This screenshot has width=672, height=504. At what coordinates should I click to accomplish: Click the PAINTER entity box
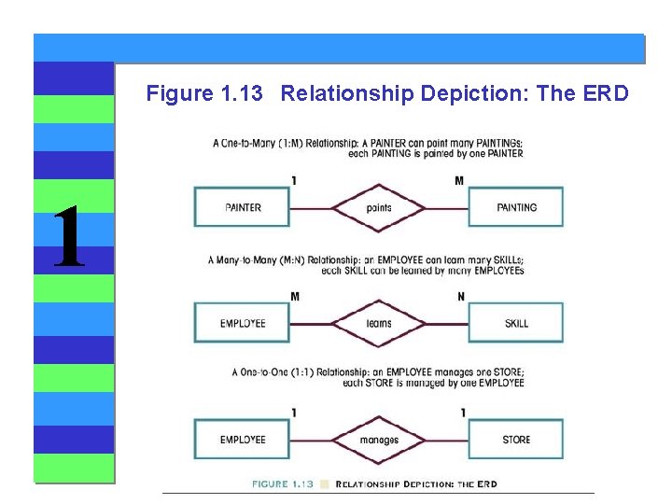pyautogui.click(x=243, y=207)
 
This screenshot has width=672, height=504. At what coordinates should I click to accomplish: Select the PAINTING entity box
pyautogui.click(x=516, y=207)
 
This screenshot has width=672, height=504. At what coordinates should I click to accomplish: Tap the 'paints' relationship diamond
pyautogui.click(x=379, y=207)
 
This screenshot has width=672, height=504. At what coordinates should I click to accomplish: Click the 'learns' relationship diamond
pyautogui.click(x=379, y=324)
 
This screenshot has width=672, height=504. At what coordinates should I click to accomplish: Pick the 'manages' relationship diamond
pyautogui.click(x=379, y=440)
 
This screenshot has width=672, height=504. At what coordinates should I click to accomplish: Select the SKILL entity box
pyautogui.click(x=516, y=324)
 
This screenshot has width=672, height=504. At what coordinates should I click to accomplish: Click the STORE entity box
pyautogui.click(x=516, y=440)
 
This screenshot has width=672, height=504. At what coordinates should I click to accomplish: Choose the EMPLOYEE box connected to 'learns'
pyautogui.click(x=243, y=324)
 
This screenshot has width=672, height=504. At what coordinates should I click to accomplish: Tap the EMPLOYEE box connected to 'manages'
pyautogui.click(x=243, y=440)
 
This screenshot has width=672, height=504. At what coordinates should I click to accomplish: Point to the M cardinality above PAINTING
pyautogui.click(x=459, y=180)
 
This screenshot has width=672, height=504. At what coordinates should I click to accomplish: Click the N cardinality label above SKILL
pyautogui.click(x=461, y=297)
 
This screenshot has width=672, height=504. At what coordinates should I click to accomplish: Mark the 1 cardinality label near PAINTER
pyautogui.click(x=295, y=180)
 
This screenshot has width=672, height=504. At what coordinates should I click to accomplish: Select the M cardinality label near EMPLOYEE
pyautogui.click(x=295, y=297)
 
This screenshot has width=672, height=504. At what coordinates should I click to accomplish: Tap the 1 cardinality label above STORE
pyautogui.click(x=463, y=413)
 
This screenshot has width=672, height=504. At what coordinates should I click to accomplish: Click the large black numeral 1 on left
pyautogui.click(x=68, y=238)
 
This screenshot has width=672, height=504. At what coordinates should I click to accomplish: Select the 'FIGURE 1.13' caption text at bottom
pyautogui.click(x=283, y=484)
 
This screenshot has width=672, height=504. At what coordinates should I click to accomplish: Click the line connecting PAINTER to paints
pyautogui.click(x=311, y=207)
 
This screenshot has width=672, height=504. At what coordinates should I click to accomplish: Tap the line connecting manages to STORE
pyautogui.click(x=447, y=440)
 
